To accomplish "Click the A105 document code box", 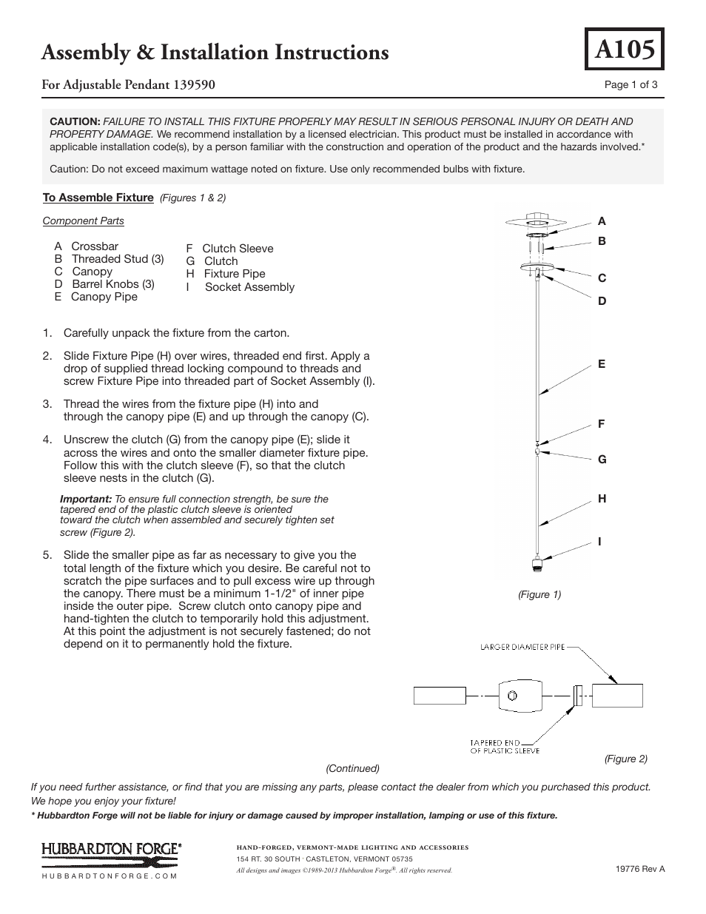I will [x=624, y=49].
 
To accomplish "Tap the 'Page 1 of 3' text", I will [x=631, y=84].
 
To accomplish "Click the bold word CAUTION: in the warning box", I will [x=75, y=121].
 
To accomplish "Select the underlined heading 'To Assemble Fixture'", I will [x=98, y=198].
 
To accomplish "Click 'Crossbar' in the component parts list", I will [x=95, y=246].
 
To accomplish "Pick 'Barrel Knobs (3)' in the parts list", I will [x=113, y=284].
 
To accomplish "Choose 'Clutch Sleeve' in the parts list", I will [x=238, y=249].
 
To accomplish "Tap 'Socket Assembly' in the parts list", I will [x=249, y=287].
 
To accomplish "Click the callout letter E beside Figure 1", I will [x=602, y=364].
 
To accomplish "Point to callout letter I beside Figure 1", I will [x=600, y=542].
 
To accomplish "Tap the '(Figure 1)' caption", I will [x=539, y=594].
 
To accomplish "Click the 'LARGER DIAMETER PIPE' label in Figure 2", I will [x=522, y=647].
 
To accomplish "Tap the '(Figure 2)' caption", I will [x=625, y=759].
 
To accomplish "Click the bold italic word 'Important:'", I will [x=86, y=500].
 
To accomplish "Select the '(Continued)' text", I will [x=352, y=768].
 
